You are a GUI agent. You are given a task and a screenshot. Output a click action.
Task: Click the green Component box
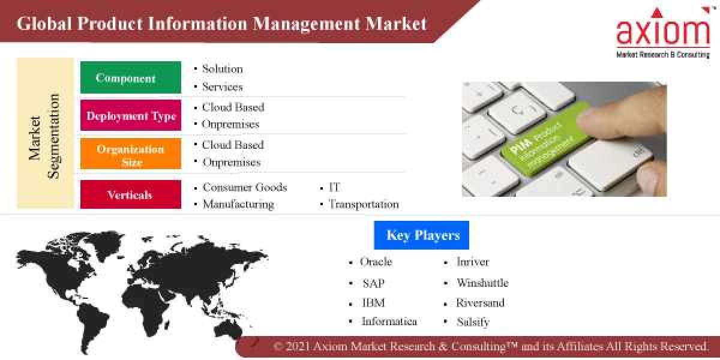130,77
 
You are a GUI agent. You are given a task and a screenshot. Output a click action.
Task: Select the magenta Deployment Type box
130,115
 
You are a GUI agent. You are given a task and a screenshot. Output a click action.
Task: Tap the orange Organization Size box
130,154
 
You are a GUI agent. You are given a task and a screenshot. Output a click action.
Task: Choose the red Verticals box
130,194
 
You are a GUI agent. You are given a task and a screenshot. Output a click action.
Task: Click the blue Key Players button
421,235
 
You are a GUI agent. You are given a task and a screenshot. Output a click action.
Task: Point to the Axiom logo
663,33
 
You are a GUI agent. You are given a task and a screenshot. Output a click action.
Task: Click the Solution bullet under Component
222,69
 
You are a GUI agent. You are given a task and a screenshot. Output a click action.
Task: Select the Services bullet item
222,87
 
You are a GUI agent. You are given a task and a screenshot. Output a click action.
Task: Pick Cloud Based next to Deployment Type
233,107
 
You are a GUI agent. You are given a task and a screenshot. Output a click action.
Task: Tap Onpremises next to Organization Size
231,162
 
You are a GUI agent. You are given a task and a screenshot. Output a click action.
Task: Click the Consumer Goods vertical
244,187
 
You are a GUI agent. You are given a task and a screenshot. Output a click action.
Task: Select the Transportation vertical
363,204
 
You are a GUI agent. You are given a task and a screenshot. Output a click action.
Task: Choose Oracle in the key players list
376,262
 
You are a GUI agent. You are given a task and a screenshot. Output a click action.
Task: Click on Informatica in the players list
389,322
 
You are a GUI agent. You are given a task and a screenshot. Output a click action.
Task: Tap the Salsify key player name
473,322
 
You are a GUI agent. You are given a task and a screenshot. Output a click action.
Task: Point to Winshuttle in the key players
482,283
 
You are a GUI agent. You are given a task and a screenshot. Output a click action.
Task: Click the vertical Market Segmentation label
45,135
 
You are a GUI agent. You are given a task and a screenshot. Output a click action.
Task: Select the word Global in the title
41,24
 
